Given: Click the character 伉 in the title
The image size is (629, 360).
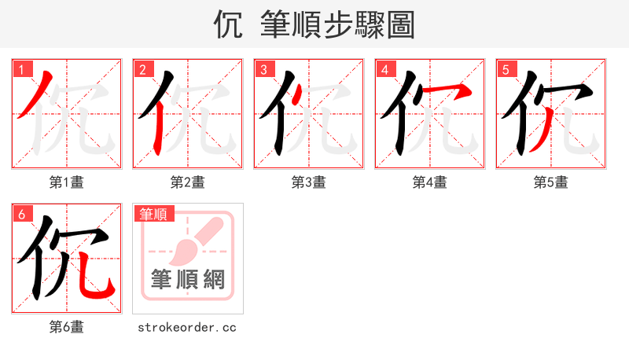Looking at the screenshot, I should [227, 24].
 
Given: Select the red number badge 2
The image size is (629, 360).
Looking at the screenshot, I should [142, 70].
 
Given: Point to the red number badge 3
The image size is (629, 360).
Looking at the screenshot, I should [263, 70].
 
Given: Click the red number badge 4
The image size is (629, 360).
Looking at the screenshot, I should [384, 70].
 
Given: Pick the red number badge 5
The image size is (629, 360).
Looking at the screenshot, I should [506, 70].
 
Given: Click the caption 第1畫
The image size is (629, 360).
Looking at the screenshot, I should [67, 182].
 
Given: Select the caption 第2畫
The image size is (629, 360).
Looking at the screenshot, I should [188, 182].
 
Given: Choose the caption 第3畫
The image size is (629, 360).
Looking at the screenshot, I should [309, 182].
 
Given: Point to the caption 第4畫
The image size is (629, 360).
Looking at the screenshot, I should [430, 182].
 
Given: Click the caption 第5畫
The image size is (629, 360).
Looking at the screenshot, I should [550, 182].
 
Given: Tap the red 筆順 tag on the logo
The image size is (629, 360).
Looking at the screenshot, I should [154, 214].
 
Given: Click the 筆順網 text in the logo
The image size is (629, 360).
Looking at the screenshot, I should [188, 279].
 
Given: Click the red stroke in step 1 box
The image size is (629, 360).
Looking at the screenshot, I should [36, 94].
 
